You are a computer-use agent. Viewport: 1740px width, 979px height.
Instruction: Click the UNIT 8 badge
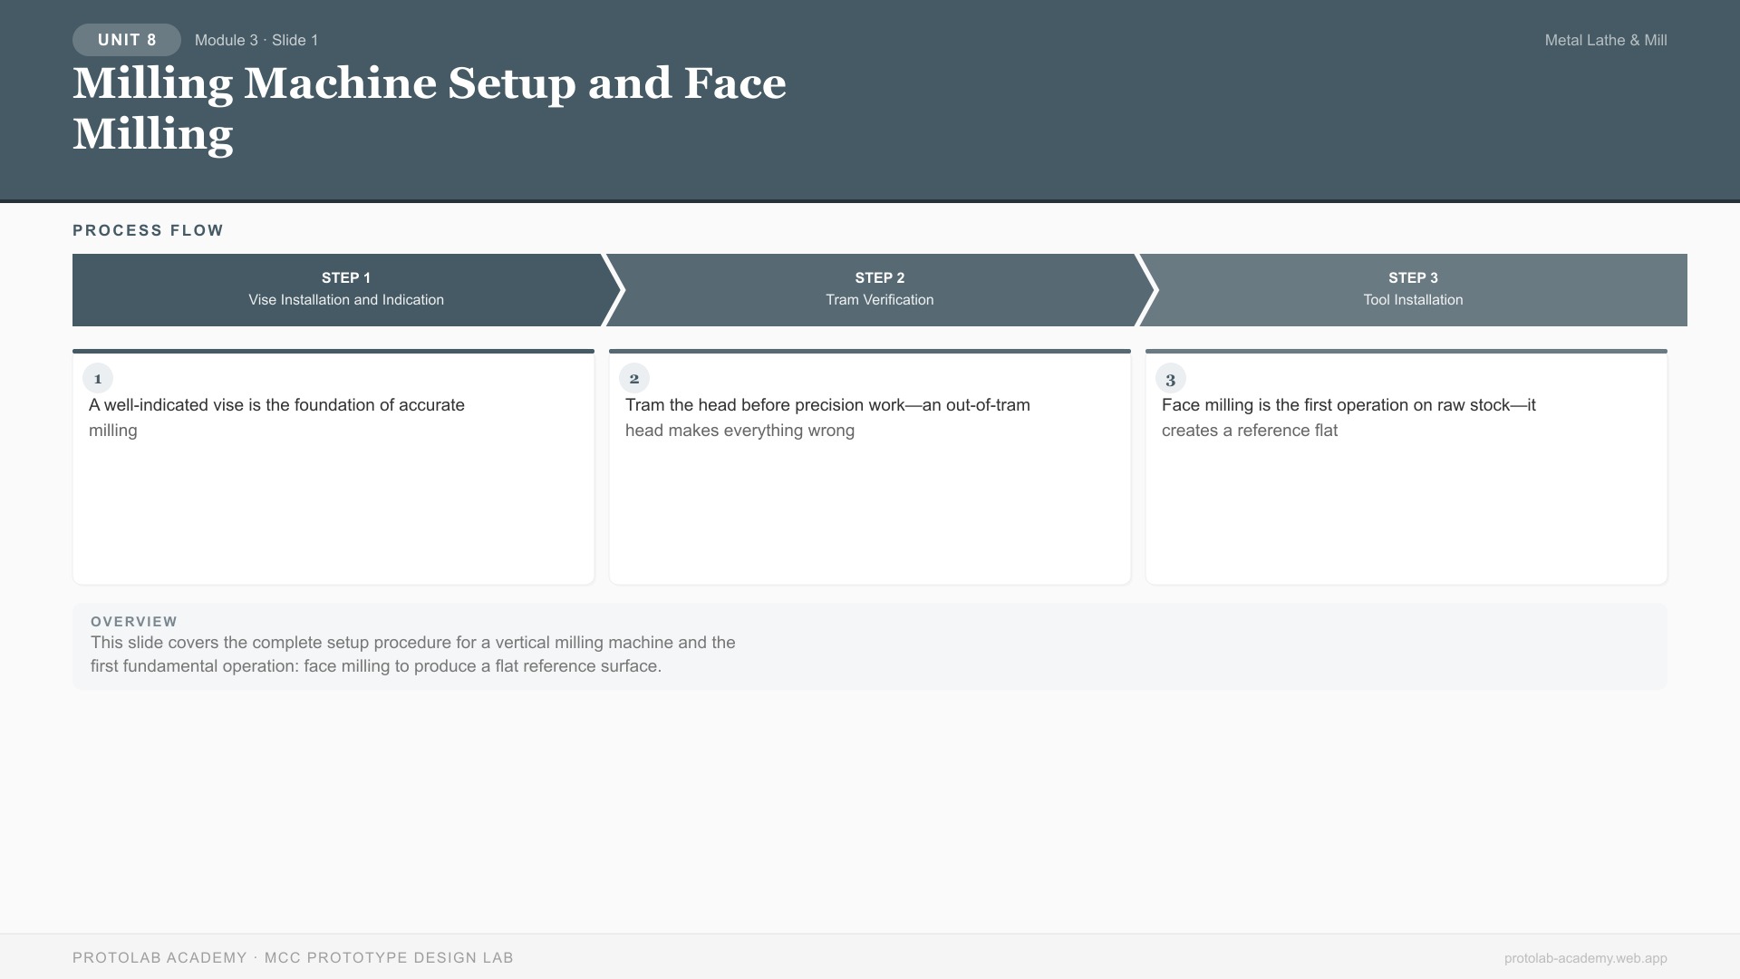tap(127, 40)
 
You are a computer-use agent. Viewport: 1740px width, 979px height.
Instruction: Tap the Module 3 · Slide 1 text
tap(256, 40)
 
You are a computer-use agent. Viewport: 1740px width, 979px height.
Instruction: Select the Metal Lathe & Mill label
tap(1605, 40)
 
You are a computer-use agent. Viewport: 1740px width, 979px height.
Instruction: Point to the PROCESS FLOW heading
tap(148, 230)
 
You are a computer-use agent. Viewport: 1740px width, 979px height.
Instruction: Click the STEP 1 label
tap(346, 277)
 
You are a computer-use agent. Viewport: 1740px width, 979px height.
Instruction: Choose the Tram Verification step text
tap(879, 300)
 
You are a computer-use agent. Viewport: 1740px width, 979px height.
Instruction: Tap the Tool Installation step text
tap(1413, 300)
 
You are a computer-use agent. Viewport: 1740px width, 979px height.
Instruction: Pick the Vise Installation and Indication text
tap(346, 300)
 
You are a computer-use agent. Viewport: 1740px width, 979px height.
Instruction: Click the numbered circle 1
tap(98, 379)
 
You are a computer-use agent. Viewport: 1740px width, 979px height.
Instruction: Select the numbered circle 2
tap(634, 379)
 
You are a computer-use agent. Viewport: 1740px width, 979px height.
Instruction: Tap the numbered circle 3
tap(1171, 379)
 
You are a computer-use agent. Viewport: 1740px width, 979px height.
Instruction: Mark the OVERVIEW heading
tap(134, 622)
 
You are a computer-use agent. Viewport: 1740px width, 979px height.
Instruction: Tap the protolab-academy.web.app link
tap(1585, 958)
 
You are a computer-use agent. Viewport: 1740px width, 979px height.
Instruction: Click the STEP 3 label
tap(1413, 277)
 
